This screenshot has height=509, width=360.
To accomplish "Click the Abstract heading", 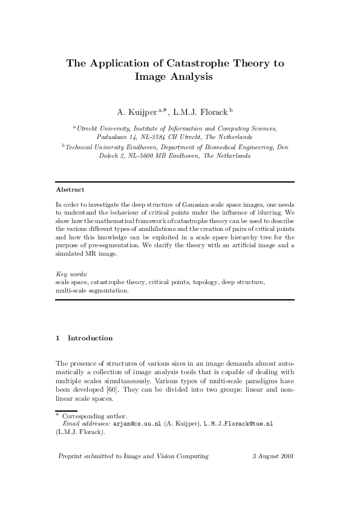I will tap(70, 189).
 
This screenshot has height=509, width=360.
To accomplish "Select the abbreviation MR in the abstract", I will tap(90, 254).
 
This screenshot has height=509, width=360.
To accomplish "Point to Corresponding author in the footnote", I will tap(95, 417).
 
